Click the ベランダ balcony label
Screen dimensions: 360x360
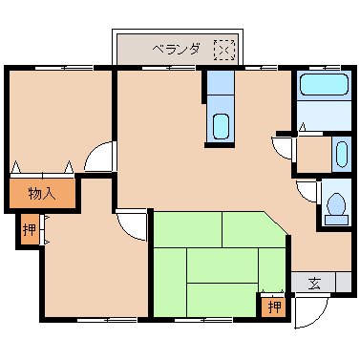tap(176, 49)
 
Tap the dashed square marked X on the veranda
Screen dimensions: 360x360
tap(223, 49)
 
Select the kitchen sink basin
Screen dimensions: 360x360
tap(220, 125)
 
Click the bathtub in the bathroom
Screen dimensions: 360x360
tap(323, 87)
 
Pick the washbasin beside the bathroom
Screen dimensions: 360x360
tap(341, 153)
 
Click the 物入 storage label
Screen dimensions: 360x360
tap(40, 193)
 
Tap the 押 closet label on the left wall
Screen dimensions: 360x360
tap(30, 230)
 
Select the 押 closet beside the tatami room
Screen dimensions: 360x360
tap(274, 307)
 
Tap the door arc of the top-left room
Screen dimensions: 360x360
tap(100, 156)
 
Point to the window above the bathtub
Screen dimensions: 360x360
tap(323, 67)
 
